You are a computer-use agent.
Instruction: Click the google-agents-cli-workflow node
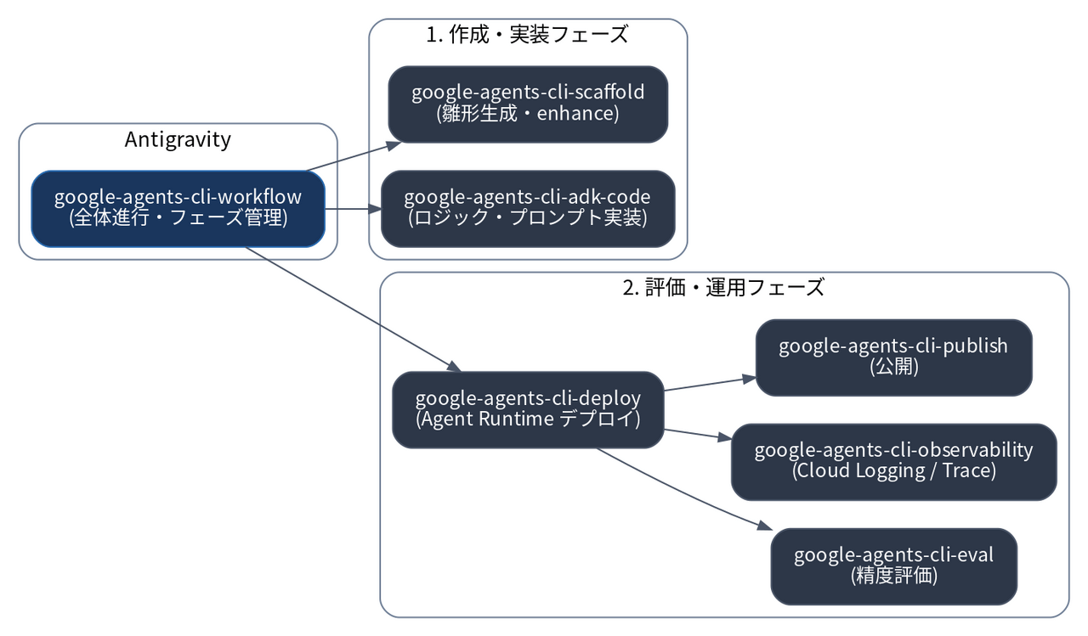tap(178, 209)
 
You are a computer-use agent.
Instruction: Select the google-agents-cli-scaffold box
tap(528, 104)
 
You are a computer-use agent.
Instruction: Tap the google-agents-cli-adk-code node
tap(528, 209)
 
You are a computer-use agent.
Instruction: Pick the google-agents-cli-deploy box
tap(528, 410)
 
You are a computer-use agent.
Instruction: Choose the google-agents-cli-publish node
tap(893, 357)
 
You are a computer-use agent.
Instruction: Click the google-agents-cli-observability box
tap(893, 462)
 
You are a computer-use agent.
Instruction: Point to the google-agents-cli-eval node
tap(893, 566)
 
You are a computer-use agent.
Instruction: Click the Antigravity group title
tap(178, 140)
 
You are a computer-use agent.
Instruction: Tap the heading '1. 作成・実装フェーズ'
tap(528, 35)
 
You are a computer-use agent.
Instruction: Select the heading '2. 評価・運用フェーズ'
tap(723, 288)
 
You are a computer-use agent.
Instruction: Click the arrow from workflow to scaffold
tap(354, 157)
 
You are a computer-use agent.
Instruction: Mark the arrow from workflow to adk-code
tap(353, 209)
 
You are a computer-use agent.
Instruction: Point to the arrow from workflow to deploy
tap(353, 310)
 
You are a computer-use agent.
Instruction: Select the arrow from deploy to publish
tap(710, 384)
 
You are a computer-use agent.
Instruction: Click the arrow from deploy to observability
tap(698, 434)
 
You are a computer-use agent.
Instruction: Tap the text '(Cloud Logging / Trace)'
tap(893, 471)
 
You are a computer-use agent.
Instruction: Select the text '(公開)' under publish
tap(893, 367)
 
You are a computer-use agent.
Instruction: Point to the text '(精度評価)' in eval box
tap(893, 576)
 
